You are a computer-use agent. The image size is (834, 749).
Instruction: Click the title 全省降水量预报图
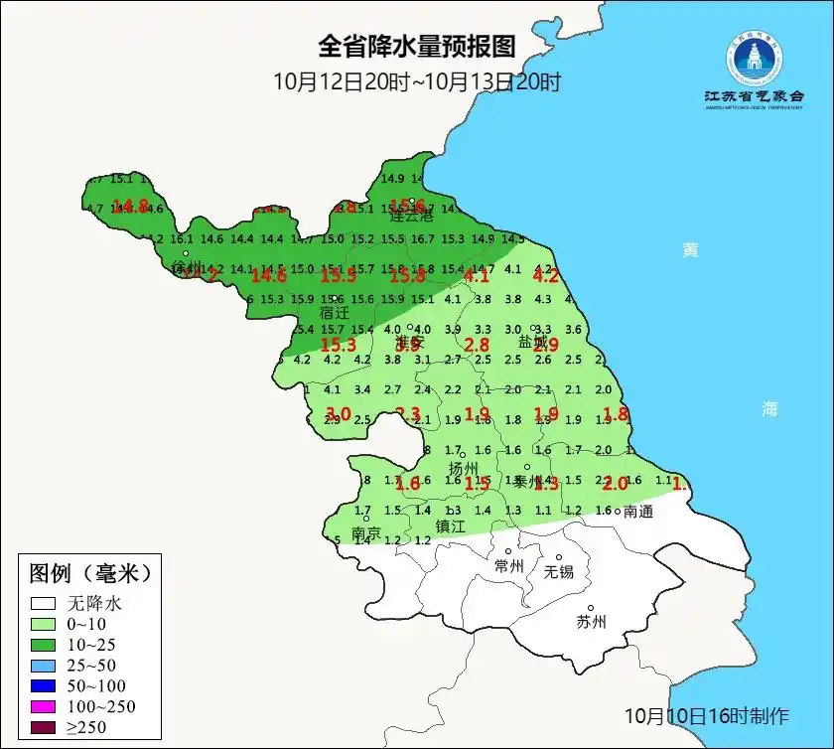coord(417,47)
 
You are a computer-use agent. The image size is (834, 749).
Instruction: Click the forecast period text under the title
coord(417,81)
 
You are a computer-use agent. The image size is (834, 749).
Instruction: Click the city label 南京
coord(366,533)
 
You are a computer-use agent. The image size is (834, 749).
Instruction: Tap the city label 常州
coord(509,566)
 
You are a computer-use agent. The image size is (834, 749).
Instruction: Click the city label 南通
coord(638,512)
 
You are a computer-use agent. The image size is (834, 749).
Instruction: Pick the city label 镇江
coord(451,526)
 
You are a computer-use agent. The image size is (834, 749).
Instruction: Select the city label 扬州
coord(464,468)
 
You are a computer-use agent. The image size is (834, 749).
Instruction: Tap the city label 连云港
coord(412,216)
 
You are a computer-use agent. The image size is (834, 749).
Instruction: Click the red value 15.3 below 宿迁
coord(339,345)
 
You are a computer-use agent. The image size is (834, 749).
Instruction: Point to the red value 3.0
coord(339,413)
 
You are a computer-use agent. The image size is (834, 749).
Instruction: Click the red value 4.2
coord(547,277)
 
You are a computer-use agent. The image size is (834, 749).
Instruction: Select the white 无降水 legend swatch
coord(42,603)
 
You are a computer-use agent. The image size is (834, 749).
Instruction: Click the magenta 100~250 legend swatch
coord(42,706)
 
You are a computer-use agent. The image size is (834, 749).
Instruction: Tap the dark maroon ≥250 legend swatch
coord(42,728)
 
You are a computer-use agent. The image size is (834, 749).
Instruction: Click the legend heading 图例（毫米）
coord(90,573)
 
